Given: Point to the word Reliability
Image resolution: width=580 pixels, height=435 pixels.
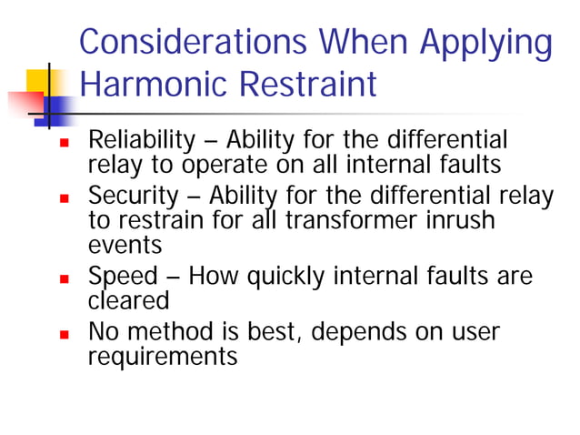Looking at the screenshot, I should coord(141,142).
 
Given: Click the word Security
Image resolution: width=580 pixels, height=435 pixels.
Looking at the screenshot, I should coord(130,196).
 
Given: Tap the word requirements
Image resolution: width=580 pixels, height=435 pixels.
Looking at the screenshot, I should coord(162,357).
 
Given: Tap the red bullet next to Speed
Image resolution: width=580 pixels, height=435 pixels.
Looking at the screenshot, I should coord(64,278).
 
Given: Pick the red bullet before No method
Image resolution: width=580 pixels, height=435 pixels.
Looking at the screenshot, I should coord(64,332).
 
